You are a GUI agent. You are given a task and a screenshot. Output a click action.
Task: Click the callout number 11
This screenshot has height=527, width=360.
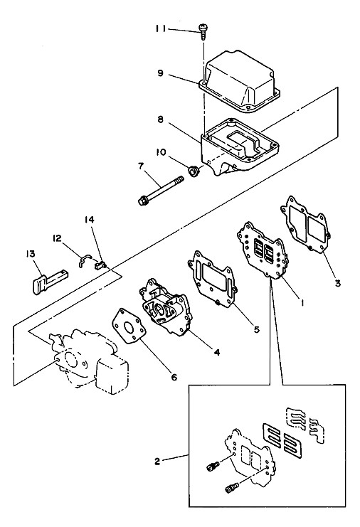[160, 29]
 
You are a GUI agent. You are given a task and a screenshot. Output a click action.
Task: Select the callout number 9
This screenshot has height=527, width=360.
[160, 73]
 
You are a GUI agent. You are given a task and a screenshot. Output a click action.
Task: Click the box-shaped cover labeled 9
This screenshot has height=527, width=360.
[240, 82]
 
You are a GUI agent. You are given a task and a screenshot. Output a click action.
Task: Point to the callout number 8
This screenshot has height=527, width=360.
[160, 119]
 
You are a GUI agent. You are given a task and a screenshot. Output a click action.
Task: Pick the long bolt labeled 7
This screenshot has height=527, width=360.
[161, 190]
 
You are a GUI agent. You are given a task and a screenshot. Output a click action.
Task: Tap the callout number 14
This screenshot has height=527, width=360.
[90, 220]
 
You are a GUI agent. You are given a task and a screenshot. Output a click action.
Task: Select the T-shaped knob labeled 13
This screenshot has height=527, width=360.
[51, 280]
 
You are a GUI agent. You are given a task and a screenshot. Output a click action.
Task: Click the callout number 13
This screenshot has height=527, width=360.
[31, 253]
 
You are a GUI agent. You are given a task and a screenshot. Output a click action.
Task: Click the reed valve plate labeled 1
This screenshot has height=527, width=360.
[263, 250]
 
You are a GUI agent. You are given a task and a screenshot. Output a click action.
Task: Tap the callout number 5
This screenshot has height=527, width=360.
[256, 330]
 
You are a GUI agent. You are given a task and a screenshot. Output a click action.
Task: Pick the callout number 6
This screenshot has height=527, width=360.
[174, 377]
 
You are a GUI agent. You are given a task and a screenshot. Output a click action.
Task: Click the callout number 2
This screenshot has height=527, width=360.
[158, 462]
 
